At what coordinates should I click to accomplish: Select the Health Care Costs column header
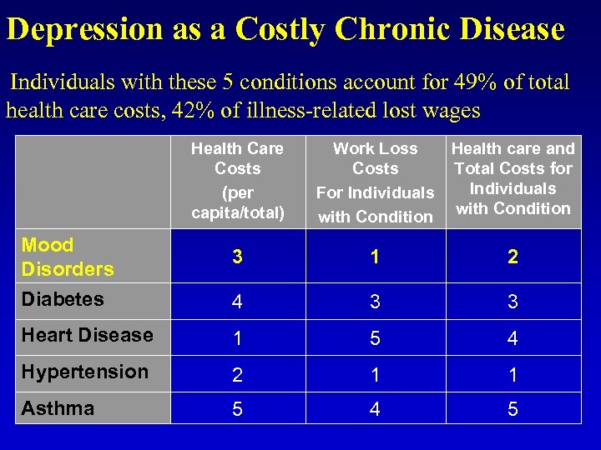(x=237, y=181)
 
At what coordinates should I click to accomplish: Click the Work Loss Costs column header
(x=375, y=182)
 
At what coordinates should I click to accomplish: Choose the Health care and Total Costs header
(x=513, y=178)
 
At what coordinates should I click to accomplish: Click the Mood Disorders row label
(x=67, y=257)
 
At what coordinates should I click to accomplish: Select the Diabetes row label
(x=63, y=299)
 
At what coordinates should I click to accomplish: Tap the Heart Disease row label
(x=87, y=335)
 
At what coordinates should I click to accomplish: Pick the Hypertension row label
(x=84, y=372)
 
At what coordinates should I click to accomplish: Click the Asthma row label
(x=58, y=408)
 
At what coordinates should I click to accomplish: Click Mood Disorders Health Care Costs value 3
(x=237, y=257)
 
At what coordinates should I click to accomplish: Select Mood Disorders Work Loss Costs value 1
(x=375, y=257)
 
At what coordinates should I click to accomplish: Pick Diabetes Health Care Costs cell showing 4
(x=237, y=301)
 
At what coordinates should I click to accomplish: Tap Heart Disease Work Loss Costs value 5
(x=375, y=337)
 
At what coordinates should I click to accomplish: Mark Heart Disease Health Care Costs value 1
(x=237, y=337)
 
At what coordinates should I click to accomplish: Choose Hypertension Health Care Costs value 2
(x=237, y=374)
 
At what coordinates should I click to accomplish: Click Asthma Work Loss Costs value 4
(x=375, y=410)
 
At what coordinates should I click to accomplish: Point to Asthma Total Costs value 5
(x=513, y=410)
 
